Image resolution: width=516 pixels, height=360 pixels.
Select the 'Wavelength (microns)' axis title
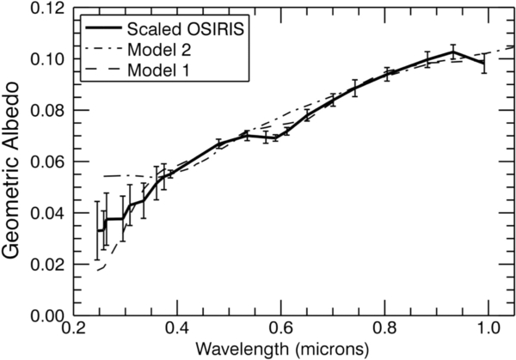click(x=280, y=350)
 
